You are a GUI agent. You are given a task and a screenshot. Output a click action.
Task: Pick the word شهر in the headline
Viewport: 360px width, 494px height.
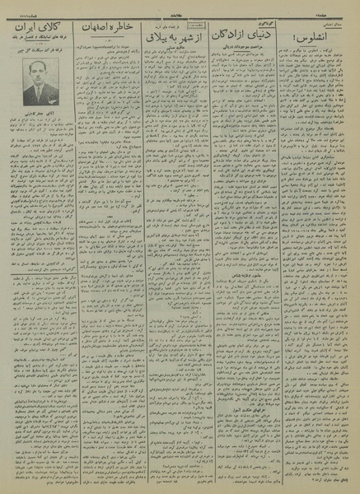(198, 40)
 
